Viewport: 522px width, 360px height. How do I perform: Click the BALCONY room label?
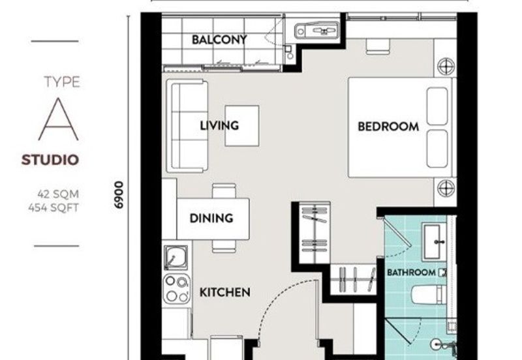(x=219, y=40)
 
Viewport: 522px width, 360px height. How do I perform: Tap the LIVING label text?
(x=219, y=125)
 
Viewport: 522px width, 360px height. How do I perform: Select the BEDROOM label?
(x=388, y=127)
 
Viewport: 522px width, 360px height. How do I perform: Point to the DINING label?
(x=211, y=218)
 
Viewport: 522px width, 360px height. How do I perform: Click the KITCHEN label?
(x=224, y=292)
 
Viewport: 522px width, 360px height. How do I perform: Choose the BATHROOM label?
(x=411, y=272)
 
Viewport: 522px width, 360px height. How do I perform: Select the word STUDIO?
(x=50, y=160)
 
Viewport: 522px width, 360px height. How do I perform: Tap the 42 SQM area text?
(x=57, y=193)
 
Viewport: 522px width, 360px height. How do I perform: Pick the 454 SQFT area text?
(x=57, y=207)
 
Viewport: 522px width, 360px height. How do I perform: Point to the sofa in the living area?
(x=187, y=126)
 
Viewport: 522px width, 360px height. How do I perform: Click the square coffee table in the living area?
(x=242, y=125)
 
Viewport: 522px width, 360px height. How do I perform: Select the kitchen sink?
(x=176, y=258)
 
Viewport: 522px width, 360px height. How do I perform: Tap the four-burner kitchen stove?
(x=176, y=288)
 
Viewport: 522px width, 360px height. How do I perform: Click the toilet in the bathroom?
(x=427, y=295)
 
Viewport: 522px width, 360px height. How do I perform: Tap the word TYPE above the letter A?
(x=62, y=82)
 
